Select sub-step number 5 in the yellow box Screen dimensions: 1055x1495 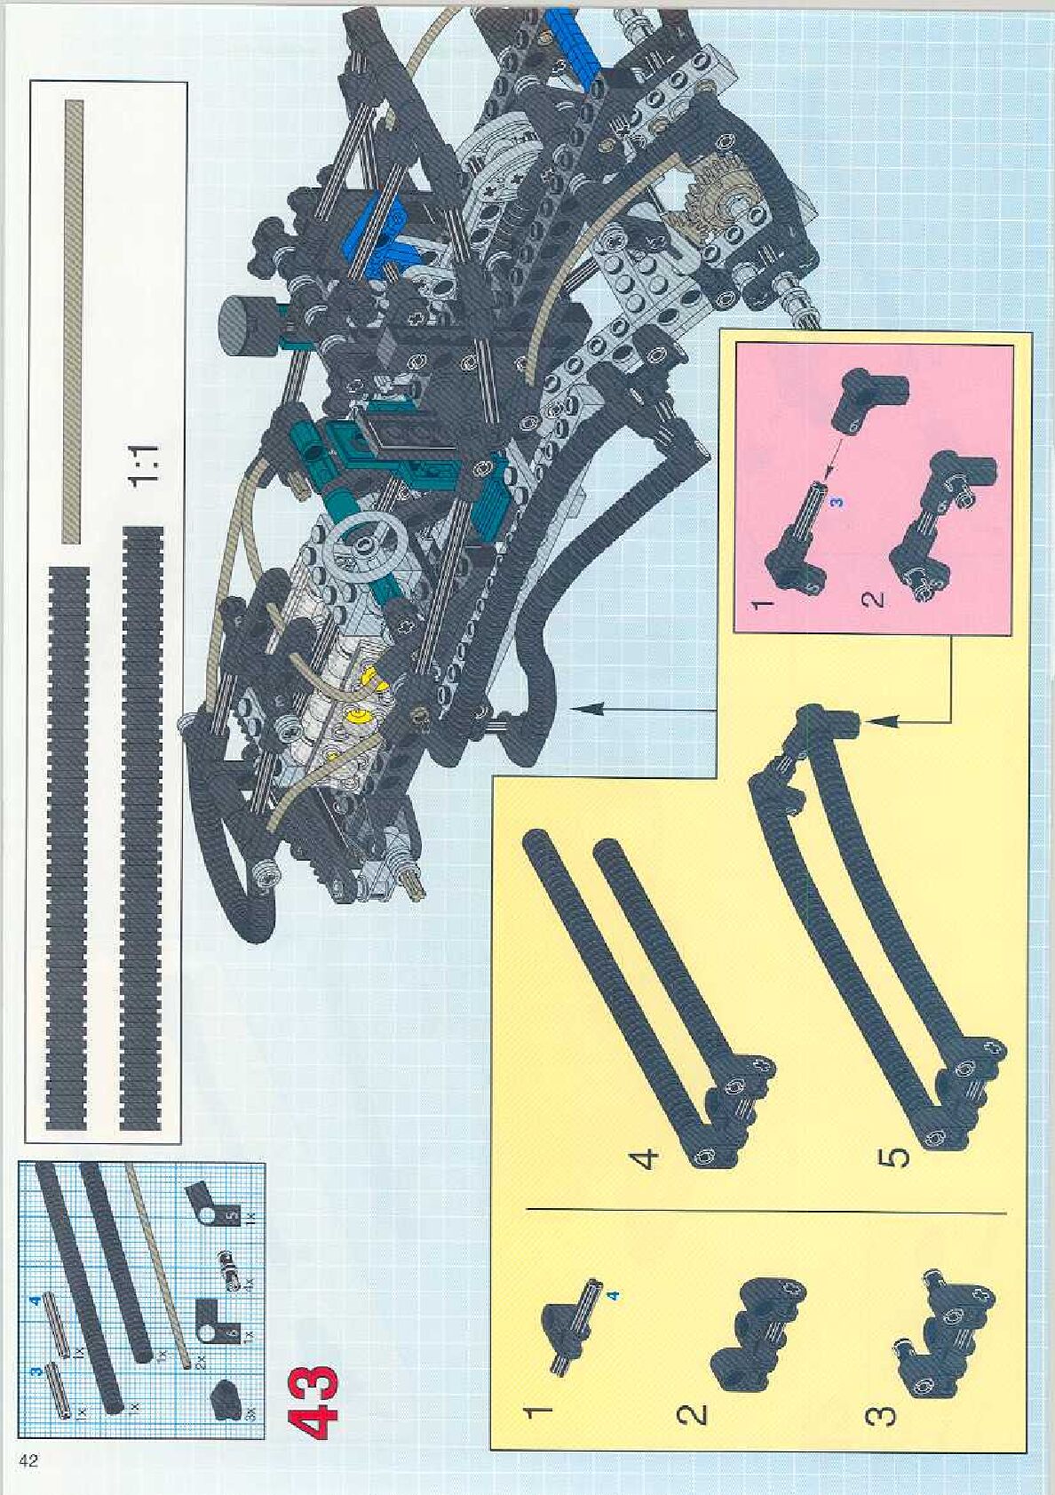[897, 1157]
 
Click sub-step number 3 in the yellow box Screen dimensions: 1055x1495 [879, 1413]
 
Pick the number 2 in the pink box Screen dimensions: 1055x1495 [872, 600]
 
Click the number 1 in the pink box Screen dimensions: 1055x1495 [761, 604]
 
